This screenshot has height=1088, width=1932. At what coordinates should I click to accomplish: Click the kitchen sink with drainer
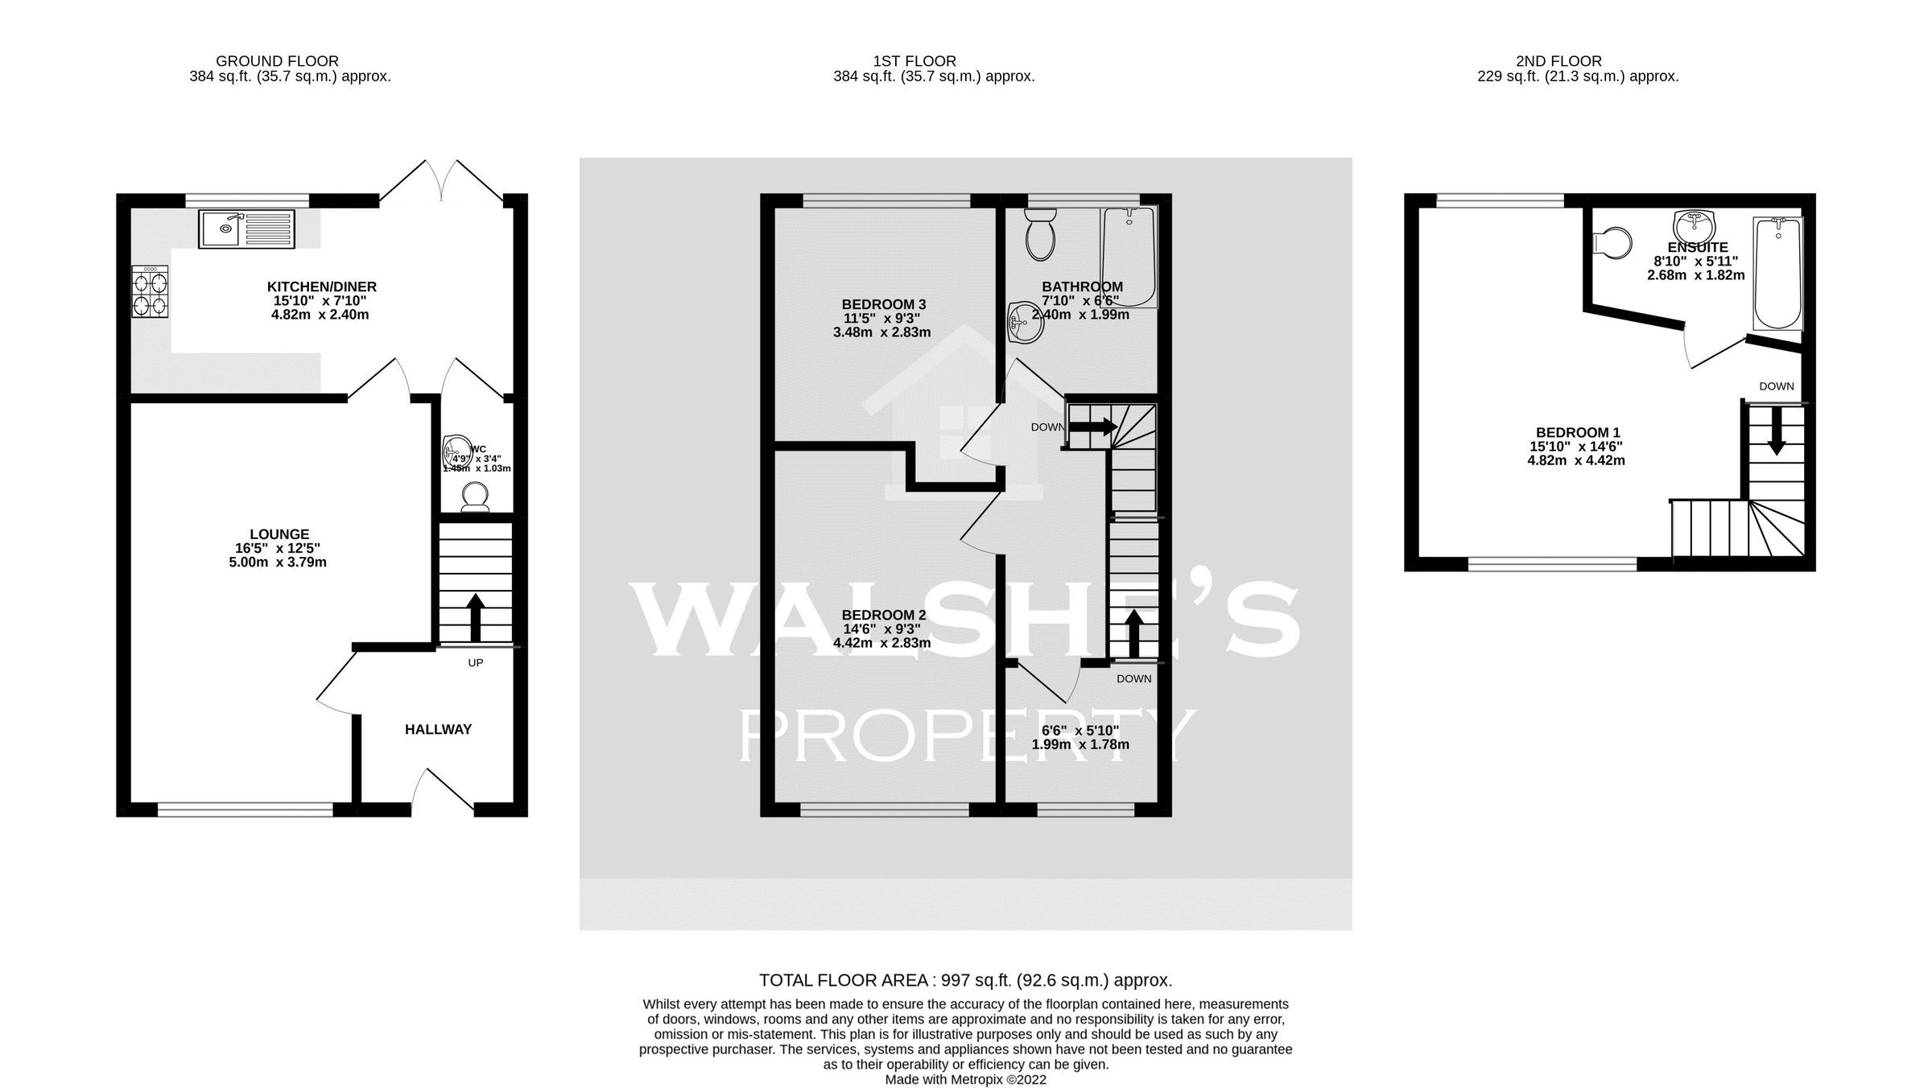(x=247, y=229)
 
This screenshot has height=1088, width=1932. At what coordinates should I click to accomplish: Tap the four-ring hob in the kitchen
(x=151, y=293)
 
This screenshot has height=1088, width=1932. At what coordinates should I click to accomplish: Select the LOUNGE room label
(x=279, y=534)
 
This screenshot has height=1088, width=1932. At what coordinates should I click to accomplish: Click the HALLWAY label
(x=438, y=730)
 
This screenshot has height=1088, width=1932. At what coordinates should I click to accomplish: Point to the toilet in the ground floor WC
(x=473, y=497)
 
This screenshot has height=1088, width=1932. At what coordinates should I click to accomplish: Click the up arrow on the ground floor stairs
(x=476, y=617)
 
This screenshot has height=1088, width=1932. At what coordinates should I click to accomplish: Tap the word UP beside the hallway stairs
(x=476, y=663)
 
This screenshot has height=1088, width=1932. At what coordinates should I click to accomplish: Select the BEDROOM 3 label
(x=883, y=304)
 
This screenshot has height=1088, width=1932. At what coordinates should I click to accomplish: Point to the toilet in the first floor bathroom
(x=1040, y=234)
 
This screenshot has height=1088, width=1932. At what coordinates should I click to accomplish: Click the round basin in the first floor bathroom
(x=1023, y=323)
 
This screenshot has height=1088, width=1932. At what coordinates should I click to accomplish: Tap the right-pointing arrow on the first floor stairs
(x=1092, y=427)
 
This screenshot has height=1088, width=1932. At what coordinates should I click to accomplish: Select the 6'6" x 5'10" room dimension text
(x=1080, y=731)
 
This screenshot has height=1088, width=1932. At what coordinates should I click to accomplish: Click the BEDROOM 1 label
(x=1577, y=432)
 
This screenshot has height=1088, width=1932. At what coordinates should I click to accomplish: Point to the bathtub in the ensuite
(x=1777, y=273)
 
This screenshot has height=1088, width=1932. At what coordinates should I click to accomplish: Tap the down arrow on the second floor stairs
(x=1777, y=438)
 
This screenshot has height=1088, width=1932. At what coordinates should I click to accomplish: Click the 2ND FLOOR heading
(x=1558, y=61)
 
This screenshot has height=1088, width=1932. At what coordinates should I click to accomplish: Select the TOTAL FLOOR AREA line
(x=965, y=980)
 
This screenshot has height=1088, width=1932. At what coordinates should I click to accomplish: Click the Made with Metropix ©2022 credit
(x=965, y=1080)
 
